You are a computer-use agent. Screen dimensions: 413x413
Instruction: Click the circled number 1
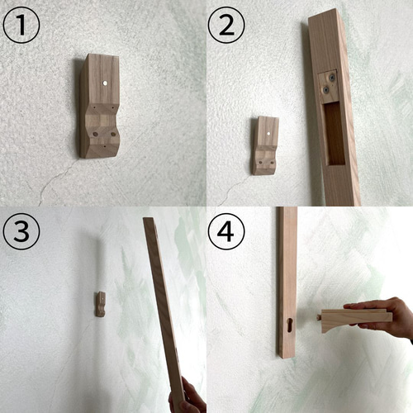tap(21, 25)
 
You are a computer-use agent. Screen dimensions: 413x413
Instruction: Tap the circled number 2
tap(226, 25)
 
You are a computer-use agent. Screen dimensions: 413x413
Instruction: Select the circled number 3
tap(21, 231)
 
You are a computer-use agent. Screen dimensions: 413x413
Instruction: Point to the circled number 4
tap(226, 231)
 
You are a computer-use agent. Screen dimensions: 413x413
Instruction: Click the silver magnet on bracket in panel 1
tap(105, 83)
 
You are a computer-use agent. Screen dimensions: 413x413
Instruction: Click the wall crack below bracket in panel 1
tap(56, 182)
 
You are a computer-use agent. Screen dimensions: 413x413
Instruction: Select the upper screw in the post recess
tap(334, 78)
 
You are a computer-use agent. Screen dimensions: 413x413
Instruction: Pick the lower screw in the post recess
tap(326, 89)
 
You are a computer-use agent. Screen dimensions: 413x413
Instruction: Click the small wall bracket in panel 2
tap(265, 145)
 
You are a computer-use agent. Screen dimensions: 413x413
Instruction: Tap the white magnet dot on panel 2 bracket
tap(268, 134)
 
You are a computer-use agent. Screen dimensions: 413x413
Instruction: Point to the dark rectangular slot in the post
tap(335, 134)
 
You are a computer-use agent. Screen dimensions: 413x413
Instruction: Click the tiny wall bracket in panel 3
tap(101, 304)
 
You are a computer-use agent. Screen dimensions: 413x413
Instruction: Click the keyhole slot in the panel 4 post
tap(290, 325)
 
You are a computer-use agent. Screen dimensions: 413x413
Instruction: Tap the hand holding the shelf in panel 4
tap(382, 316)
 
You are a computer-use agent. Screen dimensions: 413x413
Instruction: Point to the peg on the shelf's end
tap(319, 317)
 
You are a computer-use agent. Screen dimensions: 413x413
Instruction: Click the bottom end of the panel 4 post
tap(287, 356)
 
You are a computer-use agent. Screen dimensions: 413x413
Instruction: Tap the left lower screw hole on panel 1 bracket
tap(95, 134)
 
